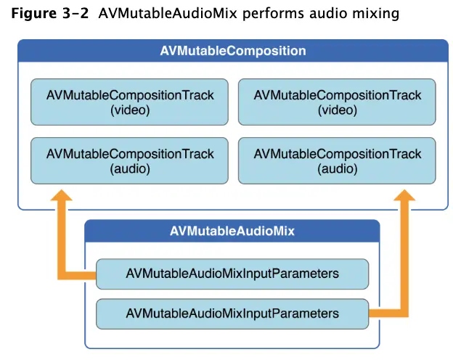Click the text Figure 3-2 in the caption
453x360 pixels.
[x=47, y=14]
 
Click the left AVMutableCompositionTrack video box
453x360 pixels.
[x=130, y=102]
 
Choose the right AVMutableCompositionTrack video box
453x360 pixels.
[x=337, y=102]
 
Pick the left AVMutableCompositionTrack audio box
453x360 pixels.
[x=130, y=161]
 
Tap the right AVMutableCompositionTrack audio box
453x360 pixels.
[x=337, y=161]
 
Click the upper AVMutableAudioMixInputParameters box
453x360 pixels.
[x=232, y=274]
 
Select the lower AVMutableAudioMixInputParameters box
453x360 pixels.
[x=232, y=314]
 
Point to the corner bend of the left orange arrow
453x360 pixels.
[x=63, y=274]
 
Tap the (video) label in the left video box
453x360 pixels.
[x=130, y=110]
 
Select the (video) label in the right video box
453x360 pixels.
[x=337, y=110]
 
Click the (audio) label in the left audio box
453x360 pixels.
[x=130, y=169]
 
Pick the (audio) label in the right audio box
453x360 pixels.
[x=337, y=169]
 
